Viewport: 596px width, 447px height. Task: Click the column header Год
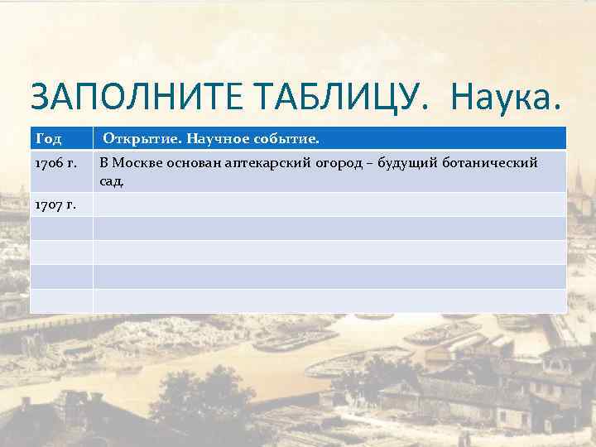point(48,137)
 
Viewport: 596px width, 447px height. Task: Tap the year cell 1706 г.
point(55,162)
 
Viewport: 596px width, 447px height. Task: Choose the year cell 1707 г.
point(55,204)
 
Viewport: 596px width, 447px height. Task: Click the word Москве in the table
point(138,162)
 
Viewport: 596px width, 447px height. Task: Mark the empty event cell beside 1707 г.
point(329,204)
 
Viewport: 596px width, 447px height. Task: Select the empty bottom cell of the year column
point(61,300)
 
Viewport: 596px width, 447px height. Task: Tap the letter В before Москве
point(103,162)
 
